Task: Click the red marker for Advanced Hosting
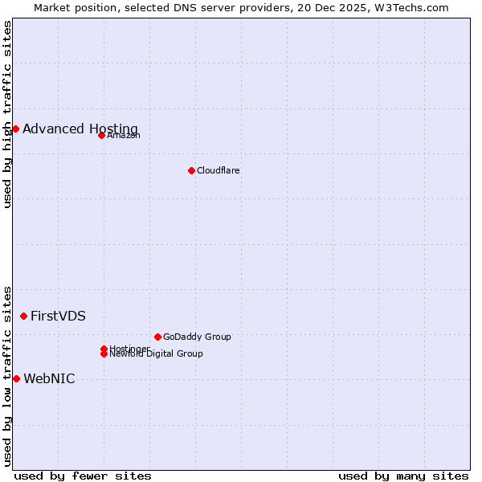point(15,129)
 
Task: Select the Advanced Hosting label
point(80,129)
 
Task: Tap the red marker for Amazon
point(101,135)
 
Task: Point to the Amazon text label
point(124,135)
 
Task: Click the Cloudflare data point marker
point(191,170)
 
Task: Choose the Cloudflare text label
point(219,170)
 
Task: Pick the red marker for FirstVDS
point(23,316)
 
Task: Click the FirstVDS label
point(58,317)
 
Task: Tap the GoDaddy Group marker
point(157,337)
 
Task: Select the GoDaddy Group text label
point(197,337)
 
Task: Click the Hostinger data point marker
point(104,349)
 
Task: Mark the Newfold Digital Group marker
point(104,354)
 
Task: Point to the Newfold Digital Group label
point(157,354)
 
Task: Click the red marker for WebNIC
point(16,378)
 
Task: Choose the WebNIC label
point(49,379)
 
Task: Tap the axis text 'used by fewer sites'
point(83,476)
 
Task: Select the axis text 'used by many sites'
point(403,476)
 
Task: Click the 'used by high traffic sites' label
point(7,114)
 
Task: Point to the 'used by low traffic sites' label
point(7,375)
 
